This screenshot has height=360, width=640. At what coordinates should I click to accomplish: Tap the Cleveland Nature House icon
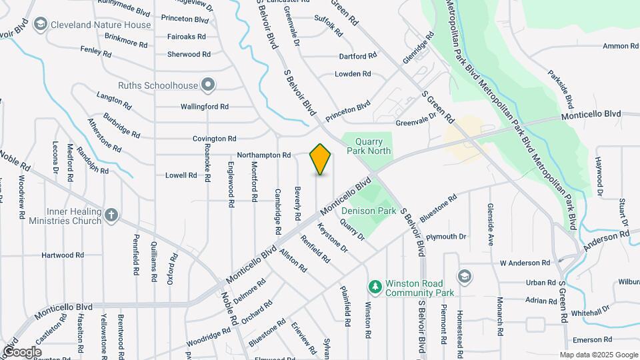(x=40, y=25)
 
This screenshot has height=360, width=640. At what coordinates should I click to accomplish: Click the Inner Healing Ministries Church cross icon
(x=111, y=215)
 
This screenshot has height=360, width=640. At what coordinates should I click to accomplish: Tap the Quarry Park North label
(x=368, y=146)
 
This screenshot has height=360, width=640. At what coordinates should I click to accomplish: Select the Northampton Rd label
(x=263, y=155)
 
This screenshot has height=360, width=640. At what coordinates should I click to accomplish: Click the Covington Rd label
(x=215, y=139)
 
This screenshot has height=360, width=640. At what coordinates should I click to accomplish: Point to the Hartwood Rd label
(x=63, y=255)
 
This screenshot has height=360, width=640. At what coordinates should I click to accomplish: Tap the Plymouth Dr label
(x=446, y=237)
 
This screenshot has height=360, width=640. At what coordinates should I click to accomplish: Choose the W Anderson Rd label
(x=525, y=263)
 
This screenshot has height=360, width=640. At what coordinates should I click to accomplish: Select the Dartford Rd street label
(x=354, y=56)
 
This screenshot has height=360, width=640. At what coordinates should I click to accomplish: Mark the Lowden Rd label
(x=353, y=74)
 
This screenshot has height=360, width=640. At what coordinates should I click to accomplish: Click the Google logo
(x=22, y=351)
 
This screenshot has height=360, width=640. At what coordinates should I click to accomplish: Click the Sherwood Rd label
(x=189, y=55)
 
